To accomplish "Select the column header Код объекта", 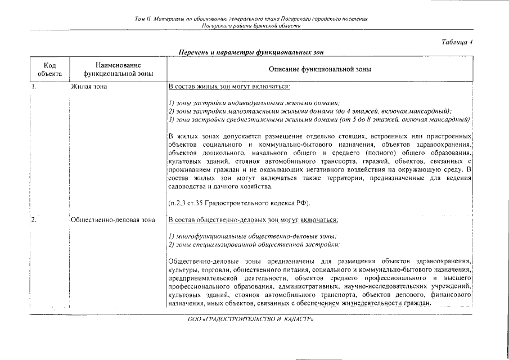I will (49, 69).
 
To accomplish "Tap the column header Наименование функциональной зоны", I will (118, 69).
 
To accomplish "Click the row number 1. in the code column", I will (34, 87).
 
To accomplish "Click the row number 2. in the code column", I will (34, 220).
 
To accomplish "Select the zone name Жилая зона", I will (89, 87).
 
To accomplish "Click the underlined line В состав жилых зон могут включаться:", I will (229, 87).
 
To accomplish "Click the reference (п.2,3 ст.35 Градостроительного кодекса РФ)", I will (239, 202).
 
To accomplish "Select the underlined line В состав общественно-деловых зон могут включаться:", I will (253, 220).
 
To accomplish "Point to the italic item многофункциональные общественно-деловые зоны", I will (253, 236).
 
